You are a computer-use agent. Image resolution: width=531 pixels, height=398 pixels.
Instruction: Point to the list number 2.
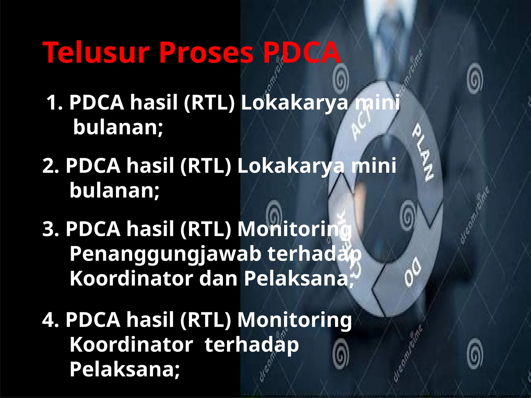click(x=50, y=166)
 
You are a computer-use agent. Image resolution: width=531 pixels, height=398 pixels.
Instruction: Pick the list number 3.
click(x=50, y=229)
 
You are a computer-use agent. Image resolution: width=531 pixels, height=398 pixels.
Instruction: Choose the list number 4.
click(x=50, y=320)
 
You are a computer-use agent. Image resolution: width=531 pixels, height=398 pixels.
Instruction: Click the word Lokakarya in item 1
click(x=295, y=103)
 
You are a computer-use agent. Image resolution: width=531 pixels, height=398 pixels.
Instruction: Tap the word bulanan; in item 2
click(x=114, y=191)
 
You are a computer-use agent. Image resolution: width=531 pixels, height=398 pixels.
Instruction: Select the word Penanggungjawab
click(x=165, y=254)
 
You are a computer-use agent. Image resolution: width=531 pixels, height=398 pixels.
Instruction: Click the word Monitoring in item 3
click(x=295, y=230)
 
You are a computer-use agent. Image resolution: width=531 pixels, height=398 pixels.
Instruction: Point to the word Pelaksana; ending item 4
click(x=124, y=369)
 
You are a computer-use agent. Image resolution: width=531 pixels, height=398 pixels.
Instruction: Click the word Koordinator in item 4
click(x=131, y=345)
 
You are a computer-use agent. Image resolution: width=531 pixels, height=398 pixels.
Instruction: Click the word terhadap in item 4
click(x=251, y=345)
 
